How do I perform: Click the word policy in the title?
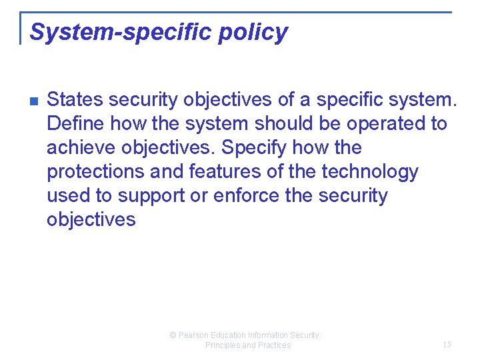pos(257,32)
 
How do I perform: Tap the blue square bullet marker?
pos(33,101)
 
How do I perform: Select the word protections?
pos(95,172)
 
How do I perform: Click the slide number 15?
pos(447,345)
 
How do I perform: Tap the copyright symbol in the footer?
pos(173,335)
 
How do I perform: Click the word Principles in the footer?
pos(223,345)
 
